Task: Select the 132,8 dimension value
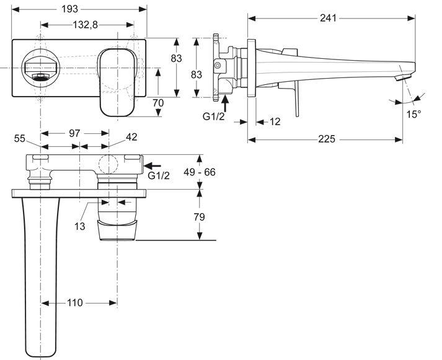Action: point(87,25)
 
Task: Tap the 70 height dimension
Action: point(175,103)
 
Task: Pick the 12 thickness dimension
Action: point(275,121)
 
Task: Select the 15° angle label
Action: point(413,115)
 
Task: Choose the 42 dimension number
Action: point(131,137)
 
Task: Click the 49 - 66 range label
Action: point(199,172)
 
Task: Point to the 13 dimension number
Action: point(79,227)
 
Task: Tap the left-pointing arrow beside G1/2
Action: point(152,165)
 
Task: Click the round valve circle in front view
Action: point(40,66)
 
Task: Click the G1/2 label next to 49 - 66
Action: point(159,176)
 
